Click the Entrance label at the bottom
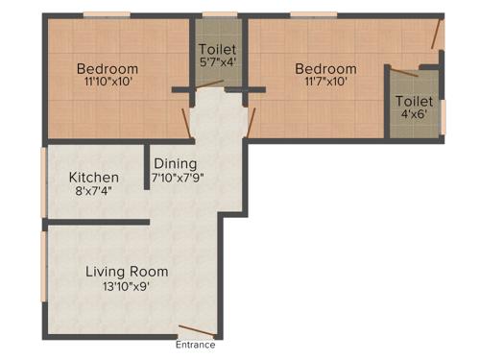pos(196,346)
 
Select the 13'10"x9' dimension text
pos(127,285)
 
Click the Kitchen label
pos(94,178)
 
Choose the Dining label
pos(176,164)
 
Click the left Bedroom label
pos(108,69)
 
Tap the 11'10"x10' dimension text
pos(108,83)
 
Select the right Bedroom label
pos(325,69)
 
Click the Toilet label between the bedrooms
pos(218,49)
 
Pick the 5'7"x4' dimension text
pos(218,62)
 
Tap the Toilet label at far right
pos(414,101)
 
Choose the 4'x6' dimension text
pos(414,115)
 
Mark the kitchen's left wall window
pos(43,180)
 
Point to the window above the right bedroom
pos(307,14)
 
